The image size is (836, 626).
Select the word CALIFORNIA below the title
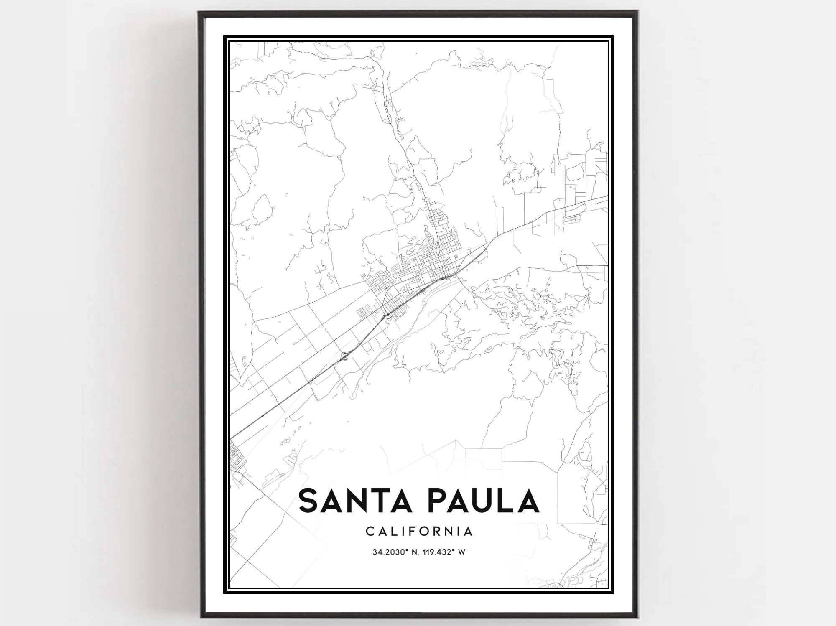click(419, 532)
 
